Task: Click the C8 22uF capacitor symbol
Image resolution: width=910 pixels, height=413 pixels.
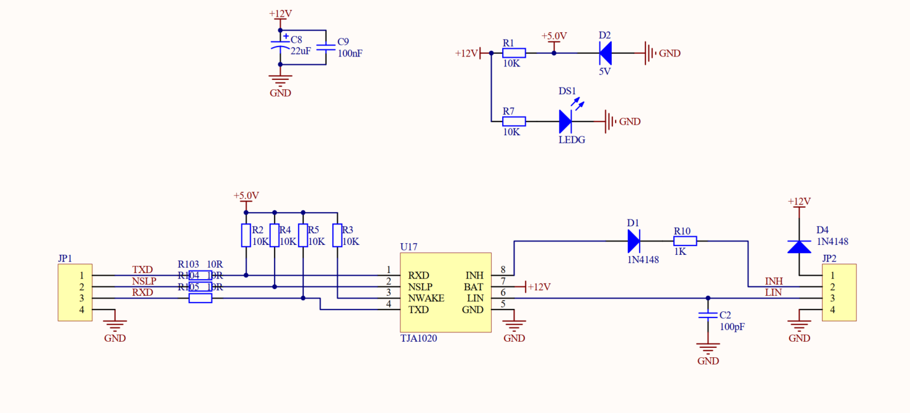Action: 280,46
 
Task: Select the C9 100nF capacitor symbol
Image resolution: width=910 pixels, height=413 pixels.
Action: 325,47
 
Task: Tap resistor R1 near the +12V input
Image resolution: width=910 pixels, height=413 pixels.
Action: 514,53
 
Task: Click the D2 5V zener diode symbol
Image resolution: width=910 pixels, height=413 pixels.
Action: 605,53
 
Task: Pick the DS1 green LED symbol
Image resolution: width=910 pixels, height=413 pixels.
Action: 565,122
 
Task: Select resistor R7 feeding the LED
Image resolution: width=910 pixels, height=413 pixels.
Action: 514,122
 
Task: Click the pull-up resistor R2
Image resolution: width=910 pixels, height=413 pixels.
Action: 246,236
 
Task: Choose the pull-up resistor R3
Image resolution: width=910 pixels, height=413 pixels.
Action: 337,236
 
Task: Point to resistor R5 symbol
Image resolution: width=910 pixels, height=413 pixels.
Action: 303,236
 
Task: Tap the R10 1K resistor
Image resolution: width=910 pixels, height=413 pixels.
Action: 685,241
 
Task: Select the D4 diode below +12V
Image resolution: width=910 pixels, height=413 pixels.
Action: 799,246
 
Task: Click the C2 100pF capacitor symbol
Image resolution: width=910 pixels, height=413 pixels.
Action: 708,315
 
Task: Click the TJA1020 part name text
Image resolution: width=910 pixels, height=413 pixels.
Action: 418,339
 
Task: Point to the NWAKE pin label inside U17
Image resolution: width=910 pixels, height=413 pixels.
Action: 426,298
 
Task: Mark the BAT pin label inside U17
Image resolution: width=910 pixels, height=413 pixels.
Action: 474,287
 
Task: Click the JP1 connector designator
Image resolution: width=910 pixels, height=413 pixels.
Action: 65,258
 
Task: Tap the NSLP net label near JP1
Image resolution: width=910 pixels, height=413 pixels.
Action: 144,281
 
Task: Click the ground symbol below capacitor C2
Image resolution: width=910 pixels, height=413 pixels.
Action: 708,348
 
